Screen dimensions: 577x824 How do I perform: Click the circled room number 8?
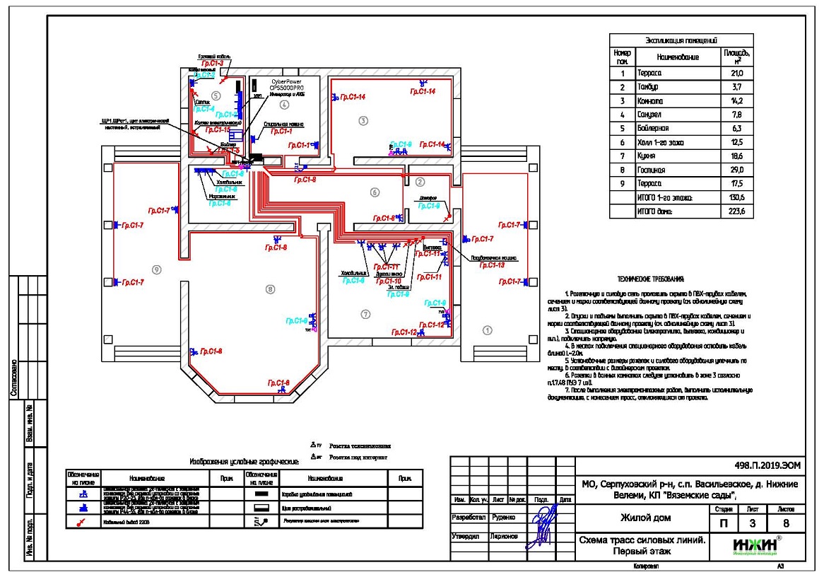tap(269, 288)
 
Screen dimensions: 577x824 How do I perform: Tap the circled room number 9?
tap(157, 269)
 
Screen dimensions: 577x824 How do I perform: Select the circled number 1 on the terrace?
tap(487, 330)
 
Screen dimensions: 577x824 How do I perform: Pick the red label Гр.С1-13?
tap(491, 266)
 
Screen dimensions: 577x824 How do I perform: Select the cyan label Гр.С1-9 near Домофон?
tap(429, 206)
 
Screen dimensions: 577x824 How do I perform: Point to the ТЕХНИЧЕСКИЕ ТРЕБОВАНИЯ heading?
tap(650, 281)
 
